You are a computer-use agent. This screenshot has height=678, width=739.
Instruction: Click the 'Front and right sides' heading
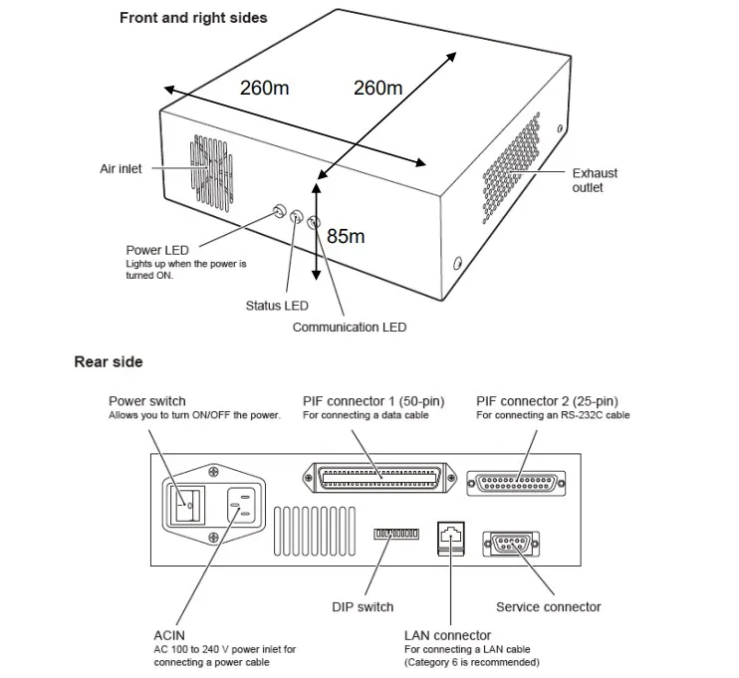[x=193, y=18]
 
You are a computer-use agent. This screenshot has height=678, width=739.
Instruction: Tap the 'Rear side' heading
[x=109, y=362]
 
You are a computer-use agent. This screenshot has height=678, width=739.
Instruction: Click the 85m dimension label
[x=346, y=236]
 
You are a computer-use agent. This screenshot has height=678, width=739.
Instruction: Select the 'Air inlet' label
[x=121, y=169]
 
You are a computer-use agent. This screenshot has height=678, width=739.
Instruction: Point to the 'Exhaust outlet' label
[x=595, y=180]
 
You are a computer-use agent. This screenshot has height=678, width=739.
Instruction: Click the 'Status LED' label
[x=277, y=306]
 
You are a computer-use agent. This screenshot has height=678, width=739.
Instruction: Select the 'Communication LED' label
[x=349, y=327]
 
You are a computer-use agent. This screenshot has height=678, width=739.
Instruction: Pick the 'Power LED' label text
[x=157, y=250]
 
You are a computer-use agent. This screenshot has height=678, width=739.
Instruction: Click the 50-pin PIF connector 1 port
[x=379, y=477]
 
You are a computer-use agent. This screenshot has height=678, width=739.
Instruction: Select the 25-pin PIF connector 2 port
[x=521, y=481]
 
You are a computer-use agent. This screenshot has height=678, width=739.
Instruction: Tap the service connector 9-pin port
[x=509, y=544]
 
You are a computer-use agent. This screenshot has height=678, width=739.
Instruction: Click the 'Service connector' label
[x=548, y=606]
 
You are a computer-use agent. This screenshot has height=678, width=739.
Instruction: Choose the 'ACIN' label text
[x=171, y=634]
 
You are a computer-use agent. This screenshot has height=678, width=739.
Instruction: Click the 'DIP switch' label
[x=363, y=606]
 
